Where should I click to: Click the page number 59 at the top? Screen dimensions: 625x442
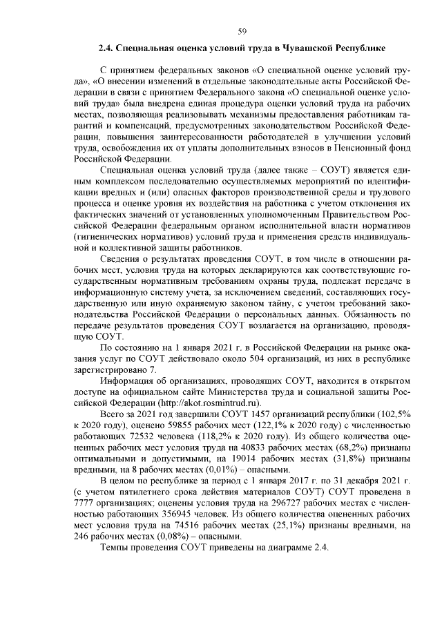[x=242, y=30]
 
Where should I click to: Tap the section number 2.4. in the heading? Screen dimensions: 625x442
[x=106, y=49]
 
